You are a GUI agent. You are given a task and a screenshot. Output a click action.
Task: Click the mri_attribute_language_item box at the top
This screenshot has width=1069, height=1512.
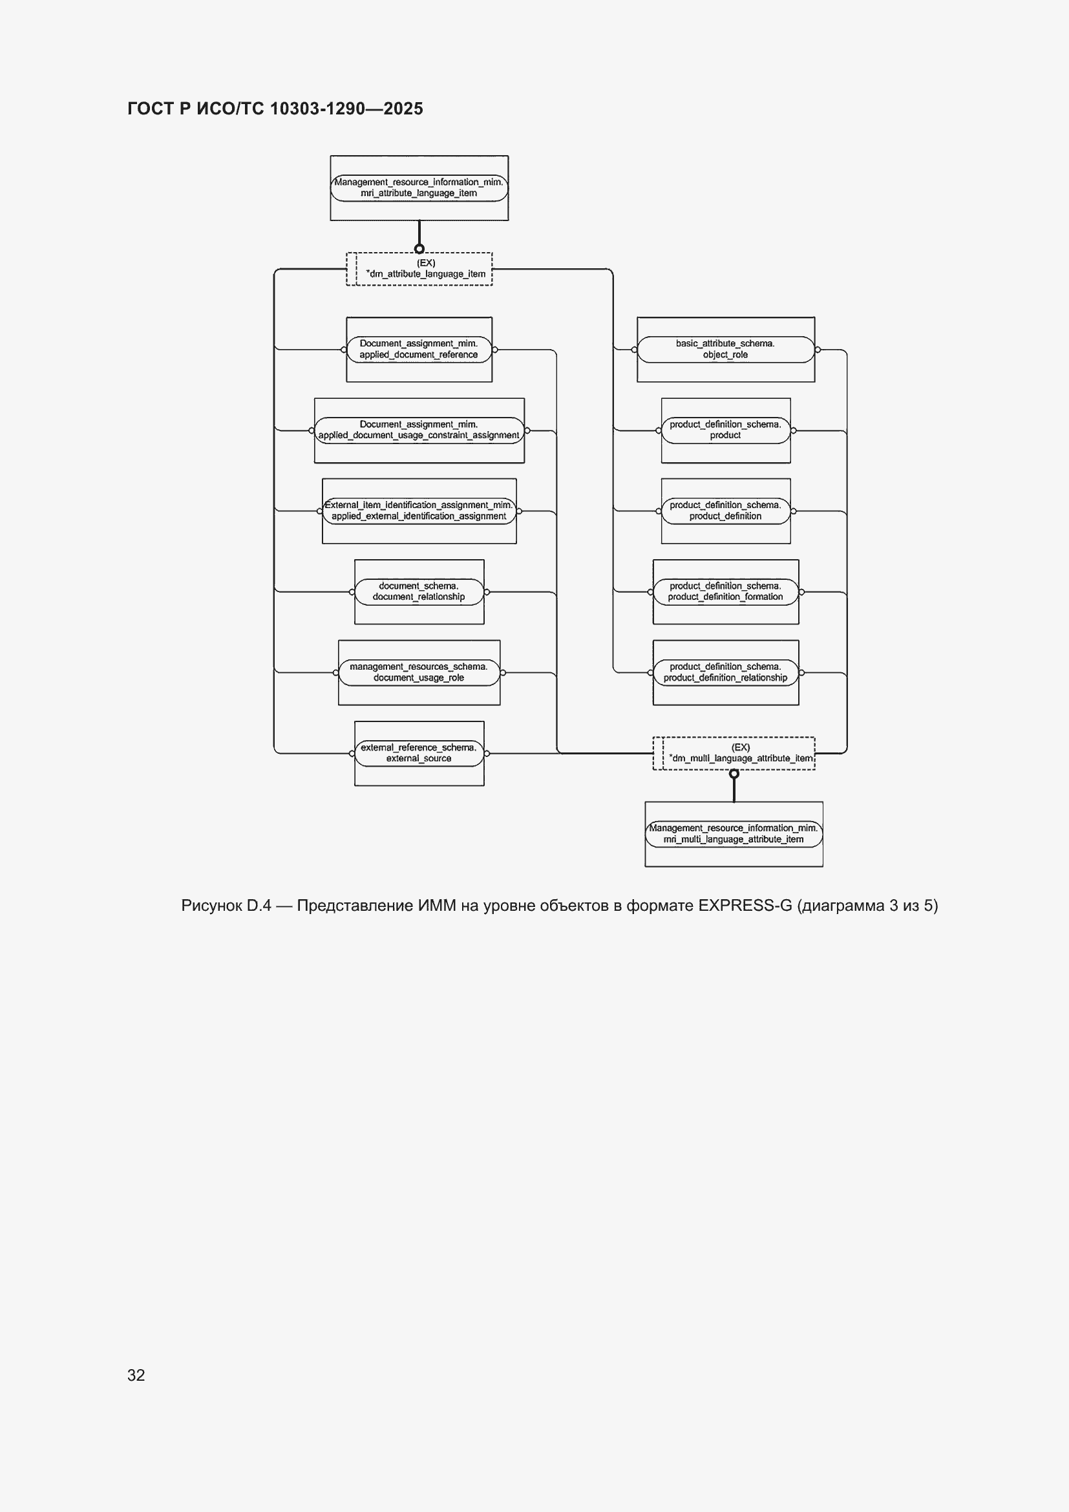(419, 187)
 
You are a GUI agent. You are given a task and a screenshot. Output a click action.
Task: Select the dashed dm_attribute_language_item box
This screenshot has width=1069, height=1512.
(419, 269)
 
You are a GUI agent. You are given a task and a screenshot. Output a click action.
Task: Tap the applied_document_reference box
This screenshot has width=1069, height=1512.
(419, 350)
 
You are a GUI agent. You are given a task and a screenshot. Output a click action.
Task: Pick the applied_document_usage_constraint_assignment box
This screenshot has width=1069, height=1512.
(419, 431)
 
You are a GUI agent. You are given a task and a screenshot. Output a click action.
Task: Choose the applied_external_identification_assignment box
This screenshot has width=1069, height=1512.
(419, 511)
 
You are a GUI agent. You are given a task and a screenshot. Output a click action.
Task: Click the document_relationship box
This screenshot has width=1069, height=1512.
(419, 592)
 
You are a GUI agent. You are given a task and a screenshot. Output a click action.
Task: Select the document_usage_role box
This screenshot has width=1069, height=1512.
(419, 672)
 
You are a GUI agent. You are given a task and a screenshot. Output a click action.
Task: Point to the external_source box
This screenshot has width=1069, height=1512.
(419, 753)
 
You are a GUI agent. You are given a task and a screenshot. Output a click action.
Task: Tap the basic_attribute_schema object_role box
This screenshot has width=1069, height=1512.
(726, 350)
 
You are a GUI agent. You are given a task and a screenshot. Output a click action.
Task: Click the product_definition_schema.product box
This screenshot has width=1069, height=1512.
(726, 431)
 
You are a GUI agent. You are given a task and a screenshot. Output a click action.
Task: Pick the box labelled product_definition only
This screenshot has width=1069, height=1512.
(726, 511)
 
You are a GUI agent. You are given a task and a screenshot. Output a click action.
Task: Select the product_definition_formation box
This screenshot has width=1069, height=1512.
(726, 592)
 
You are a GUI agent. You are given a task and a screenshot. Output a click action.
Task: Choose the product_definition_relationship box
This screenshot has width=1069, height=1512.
(726, 672)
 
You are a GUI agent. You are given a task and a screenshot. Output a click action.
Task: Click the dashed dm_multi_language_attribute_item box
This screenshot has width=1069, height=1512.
(734, 753)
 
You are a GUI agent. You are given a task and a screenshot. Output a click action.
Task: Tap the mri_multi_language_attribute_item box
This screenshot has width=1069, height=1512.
(734, 835)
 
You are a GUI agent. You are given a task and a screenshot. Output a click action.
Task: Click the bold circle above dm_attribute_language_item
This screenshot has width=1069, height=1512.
(419, 249)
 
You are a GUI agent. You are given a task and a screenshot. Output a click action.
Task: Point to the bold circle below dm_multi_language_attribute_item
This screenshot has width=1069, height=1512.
(734, 774)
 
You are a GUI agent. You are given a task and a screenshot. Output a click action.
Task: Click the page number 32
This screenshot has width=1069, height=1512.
(136, 1375)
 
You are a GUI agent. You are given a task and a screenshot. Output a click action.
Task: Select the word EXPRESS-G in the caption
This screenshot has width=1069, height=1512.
(745, 906)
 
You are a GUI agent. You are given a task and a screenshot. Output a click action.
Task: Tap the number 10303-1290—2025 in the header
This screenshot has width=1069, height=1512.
(347, 109)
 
